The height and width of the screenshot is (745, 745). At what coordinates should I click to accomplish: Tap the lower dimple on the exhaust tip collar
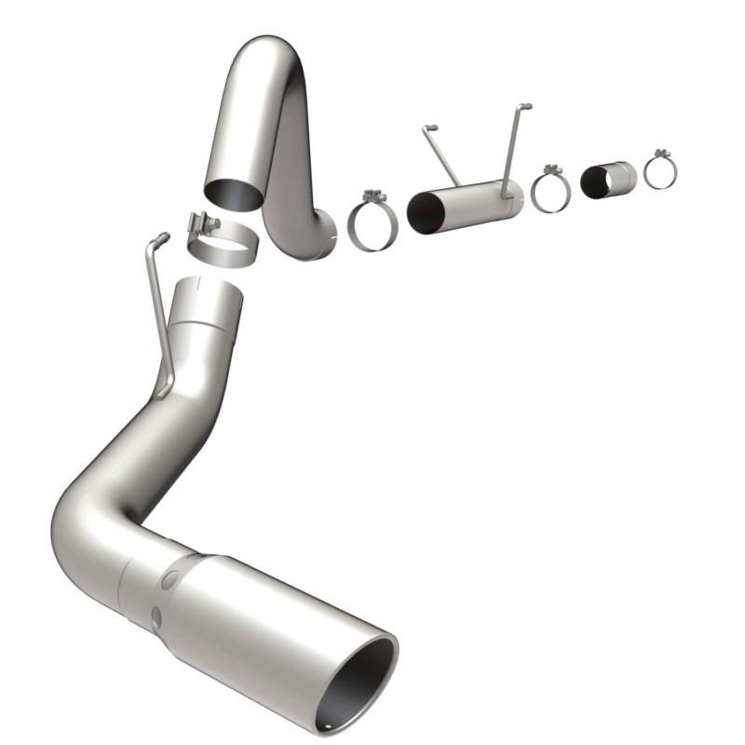click(156, 616)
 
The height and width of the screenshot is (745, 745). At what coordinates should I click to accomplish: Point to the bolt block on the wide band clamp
click(200, 224)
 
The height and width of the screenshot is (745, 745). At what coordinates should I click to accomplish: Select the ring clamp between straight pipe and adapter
click(550, 192)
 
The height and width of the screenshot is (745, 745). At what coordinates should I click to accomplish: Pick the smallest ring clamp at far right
click(659, 171)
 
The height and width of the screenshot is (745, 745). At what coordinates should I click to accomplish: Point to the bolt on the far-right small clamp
click(661, 152)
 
